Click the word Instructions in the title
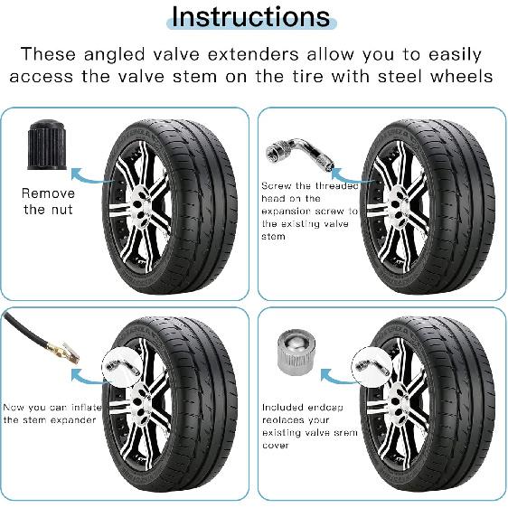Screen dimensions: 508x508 tap(250, 16)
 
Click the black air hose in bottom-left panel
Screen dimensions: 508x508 tap(24, 329)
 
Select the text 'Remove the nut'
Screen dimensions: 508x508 tap(48, 201)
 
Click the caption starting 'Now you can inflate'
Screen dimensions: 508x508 tap(49, 413)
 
